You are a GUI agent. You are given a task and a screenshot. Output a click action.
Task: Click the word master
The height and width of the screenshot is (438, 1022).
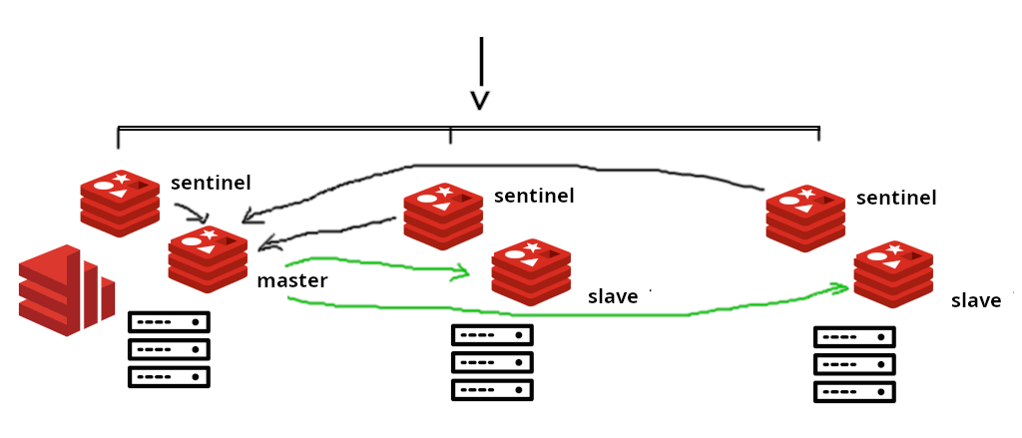coord(292,281)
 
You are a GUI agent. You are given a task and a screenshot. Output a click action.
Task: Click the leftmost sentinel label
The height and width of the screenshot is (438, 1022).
coord(211,183)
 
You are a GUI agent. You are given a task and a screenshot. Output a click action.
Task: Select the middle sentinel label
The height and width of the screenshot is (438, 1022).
coord(534,196)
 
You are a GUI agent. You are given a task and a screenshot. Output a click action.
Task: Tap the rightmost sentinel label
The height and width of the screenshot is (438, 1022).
coord(896,198)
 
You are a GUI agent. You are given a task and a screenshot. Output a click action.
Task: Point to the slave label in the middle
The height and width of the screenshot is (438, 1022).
coord(613,296)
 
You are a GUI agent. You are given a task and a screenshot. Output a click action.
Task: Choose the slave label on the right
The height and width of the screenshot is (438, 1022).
coord(976,301)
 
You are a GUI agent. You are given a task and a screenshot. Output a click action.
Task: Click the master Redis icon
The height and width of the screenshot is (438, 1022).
coord(208,258)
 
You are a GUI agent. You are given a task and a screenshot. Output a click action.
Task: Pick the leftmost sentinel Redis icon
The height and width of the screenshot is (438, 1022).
coord(120,203)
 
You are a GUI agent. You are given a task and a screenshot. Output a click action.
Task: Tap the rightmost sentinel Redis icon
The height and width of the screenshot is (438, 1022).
coord(805,219)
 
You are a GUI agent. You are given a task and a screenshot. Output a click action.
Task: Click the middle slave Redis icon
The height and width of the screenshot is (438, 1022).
coord(531,272)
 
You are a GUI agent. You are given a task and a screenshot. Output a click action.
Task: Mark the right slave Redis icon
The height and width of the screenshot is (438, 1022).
coord(893,274)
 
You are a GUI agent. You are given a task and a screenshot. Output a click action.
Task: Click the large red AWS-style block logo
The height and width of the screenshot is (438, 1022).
coord(66,290)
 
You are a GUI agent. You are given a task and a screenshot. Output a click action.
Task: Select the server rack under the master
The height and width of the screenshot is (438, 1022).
coord(169,349)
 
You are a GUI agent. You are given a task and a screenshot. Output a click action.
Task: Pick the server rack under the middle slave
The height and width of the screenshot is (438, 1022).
coord(492,362)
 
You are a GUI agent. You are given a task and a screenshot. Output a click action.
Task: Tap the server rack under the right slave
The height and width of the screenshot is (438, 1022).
coord(854,364)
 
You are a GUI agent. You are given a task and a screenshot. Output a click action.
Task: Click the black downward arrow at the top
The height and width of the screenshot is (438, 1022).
coord(481,75)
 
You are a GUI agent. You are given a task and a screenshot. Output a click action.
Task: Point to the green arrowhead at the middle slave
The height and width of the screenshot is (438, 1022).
coord(462,271)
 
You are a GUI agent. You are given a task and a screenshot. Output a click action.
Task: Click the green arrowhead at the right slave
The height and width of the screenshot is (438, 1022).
coord(840,288)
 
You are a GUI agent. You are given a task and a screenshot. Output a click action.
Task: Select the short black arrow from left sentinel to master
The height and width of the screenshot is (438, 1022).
coord(192,213)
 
